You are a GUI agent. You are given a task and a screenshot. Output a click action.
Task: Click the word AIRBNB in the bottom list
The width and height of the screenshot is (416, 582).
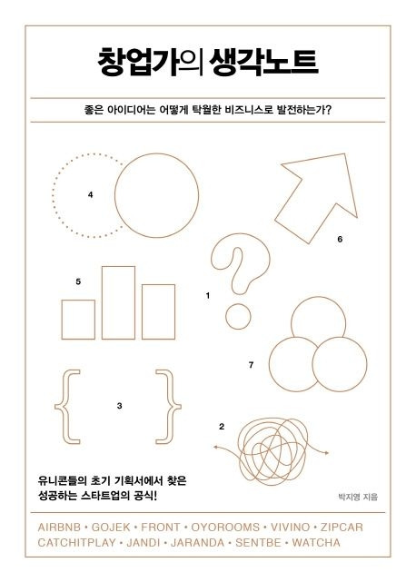pyautogui.click(x=59, y=526)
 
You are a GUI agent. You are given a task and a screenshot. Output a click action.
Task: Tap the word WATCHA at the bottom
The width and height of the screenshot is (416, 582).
pyautogui.click(x=313, y=542)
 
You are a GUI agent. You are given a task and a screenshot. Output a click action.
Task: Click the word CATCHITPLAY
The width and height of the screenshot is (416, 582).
pyautogui.click(x=79, y=542)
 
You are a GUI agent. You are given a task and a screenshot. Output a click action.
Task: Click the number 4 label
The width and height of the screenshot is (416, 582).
pyautogui.click(x=91, y=195)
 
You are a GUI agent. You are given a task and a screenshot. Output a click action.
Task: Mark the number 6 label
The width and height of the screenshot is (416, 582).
pyautogui.click(x=339, y=240)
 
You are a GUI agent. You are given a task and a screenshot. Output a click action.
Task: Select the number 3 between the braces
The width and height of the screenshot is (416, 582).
pyautogui.click(x=120, y=405)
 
